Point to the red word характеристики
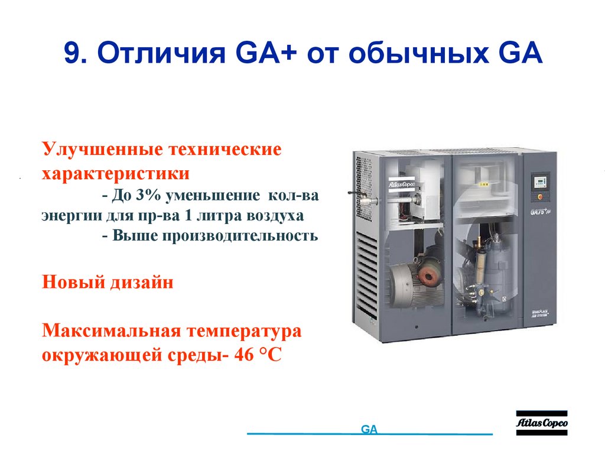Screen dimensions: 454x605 [x=115, y=174]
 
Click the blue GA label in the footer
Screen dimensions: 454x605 [x=369, y=430]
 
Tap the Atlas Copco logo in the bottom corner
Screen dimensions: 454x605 [x=542, y=423]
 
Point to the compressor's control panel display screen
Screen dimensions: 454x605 [x=538, y=179]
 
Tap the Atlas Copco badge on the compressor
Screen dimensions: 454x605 [x=401, y=184]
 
